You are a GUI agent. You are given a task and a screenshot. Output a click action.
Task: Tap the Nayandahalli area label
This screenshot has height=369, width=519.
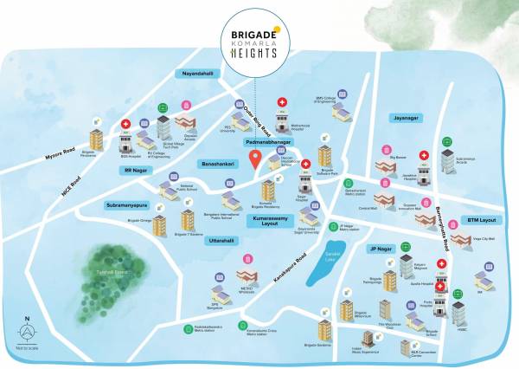pos(196,74)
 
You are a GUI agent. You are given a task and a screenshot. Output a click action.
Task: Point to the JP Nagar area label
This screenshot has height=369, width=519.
pos(381,249)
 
